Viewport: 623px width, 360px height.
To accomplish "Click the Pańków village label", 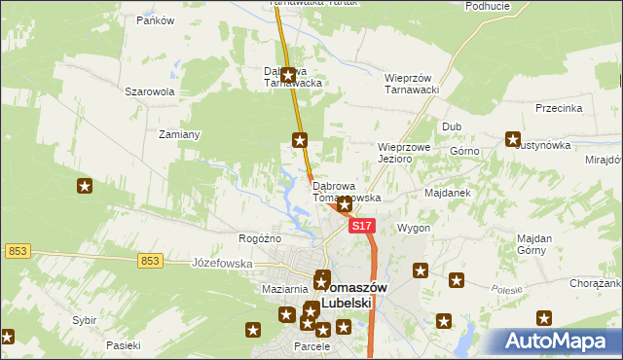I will click(x=155, y=20).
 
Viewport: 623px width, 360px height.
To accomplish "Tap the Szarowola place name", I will click(x=149, y=91).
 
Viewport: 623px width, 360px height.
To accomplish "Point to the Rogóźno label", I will click(x=260, y=238).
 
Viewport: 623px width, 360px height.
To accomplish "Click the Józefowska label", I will click(x=222, y=263).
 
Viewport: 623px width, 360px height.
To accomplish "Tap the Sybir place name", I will click(x=84, y=320).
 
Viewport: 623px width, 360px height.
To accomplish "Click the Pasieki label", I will click(x=124, y=345).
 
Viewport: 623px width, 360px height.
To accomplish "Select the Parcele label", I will click(x=312, y=347).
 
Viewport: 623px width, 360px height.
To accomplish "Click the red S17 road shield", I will click(x=361, y=226).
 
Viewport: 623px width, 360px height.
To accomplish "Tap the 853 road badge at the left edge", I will click(x=16, y=251).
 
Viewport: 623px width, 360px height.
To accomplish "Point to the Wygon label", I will click(x=413, y=228).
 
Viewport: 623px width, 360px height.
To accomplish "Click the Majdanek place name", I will click(x=448, y=193).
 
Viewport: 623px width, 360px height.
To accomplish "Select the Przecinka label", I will click(x=558, y=109).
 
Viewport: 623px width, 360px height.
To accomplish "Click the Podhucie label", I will click(x=488, y=6).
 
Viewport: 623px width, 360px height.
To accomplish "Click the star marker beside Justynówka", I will click(x=513, y=140).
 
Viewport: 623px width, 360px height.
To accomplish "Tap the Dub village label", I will click(x=452, y=126).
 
